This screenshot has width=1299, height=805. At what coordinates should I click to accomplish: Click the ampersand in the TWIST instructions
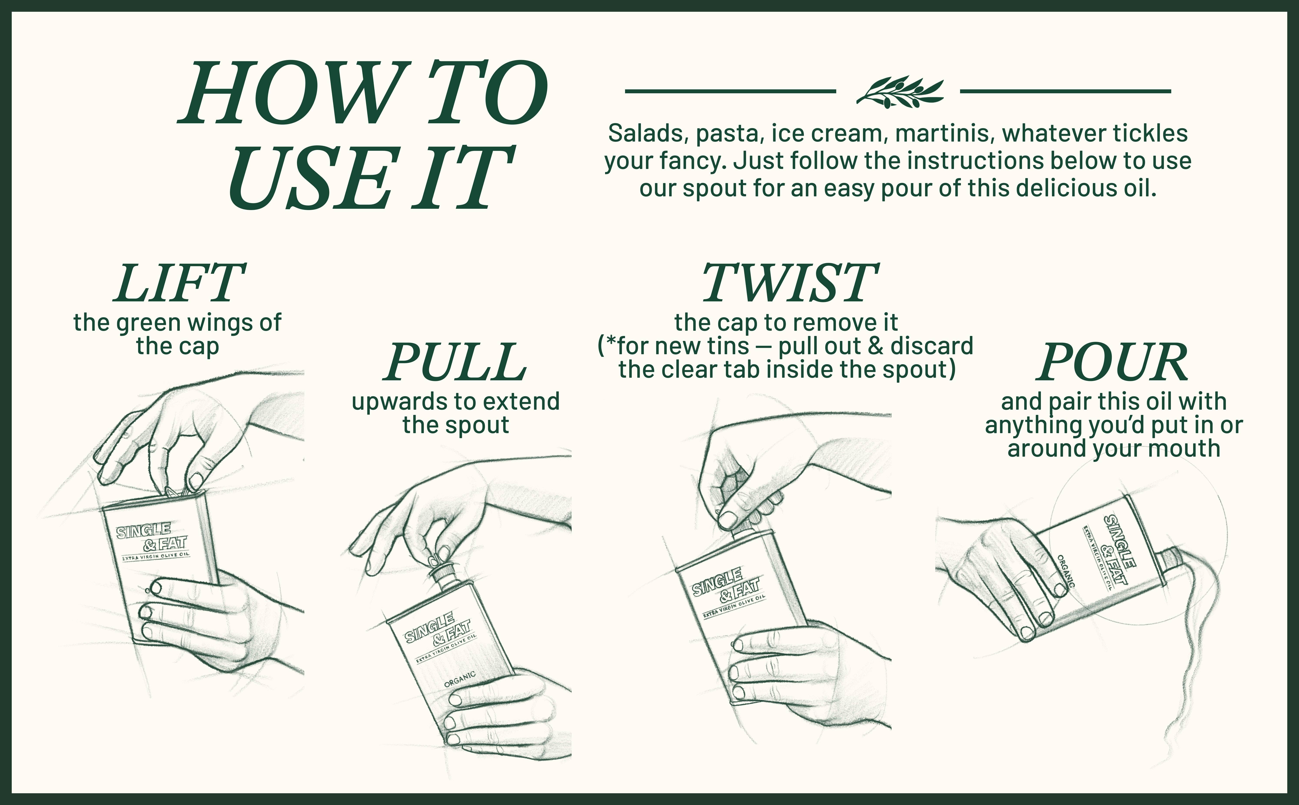[876, 346]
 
